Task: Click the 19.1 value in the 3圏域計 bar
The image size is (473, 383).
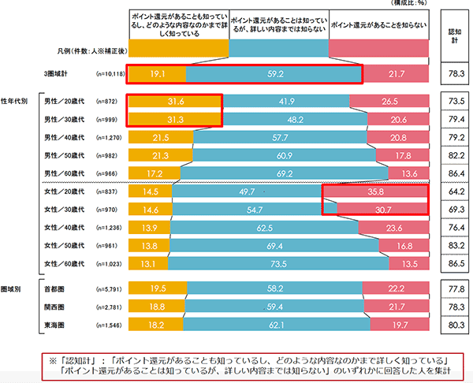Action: click(x=156, y=73)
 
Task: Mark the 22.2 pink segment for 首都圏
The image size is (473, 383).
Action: click(x=396, y=288)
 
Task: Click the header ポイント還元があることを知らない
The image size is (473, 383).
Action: click(x=378, y=26)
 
